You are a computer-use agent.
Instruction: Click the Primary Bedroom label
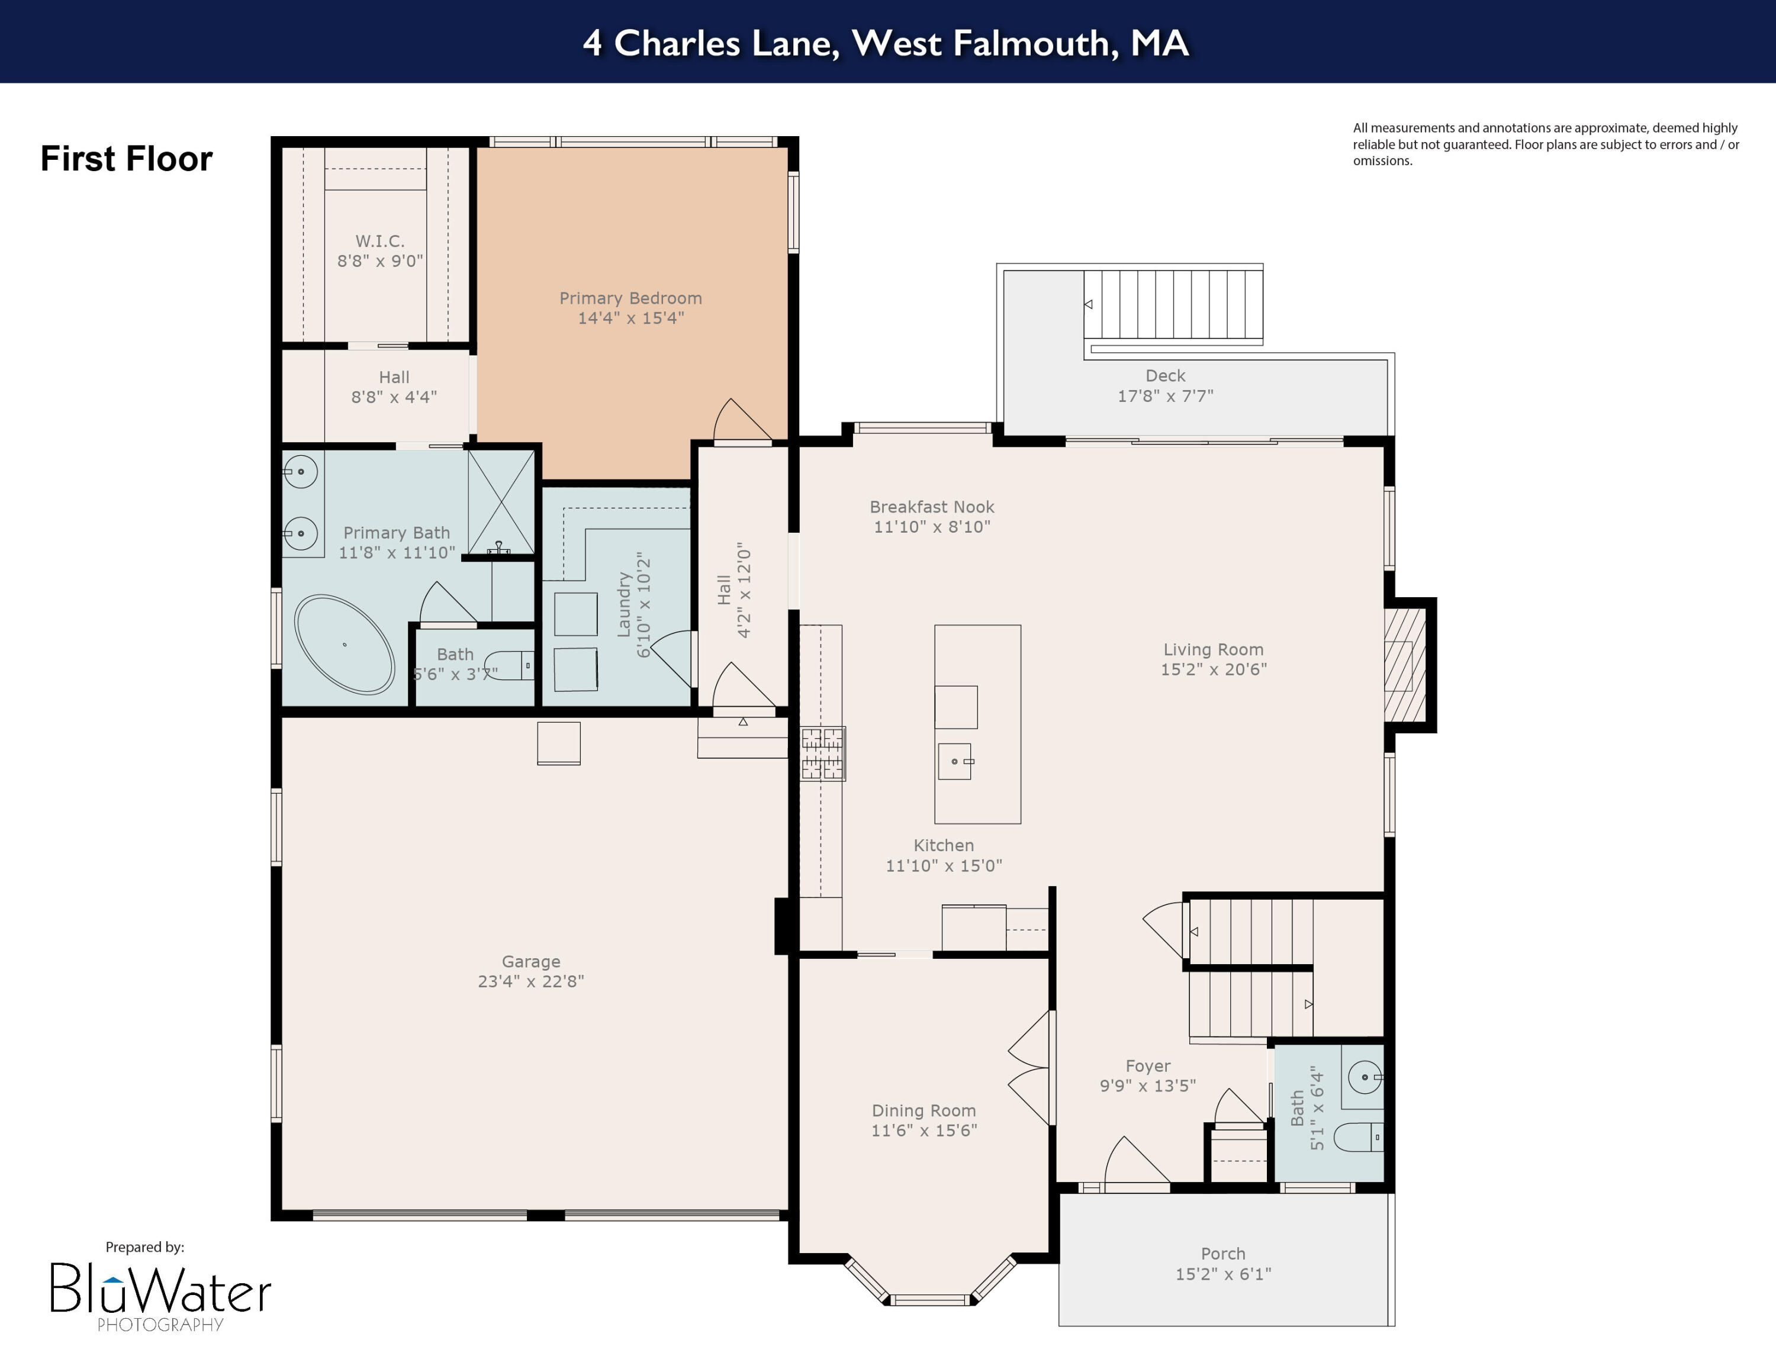click(x=630, y=298)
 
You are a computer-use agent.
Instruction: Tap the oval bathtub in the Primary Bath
click(x=344, y=645)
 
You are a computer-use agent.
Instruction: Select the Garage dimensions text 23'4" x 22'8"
click(x=530, y=981)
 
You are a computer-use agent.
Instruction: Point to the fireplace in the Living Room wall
click(x=1405, y=665)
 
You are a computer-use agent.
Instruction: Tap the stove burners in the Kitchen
click(x=822, y=753)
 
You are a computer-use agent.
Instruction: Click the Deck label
click(x=1164, y=375)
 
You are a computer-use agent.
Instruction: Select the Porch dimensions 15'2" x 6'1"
click(x=1222, y=1274)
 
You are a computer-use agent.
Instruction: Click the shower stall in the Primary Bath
click(x=501, y=501)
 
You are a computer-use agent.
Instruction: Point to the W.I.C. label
click(x=379, y=240)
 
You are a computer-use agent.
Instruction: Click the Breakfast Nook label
click(x=931, y=507)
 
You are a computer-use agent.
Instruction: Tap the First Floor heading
click(x=126, y=159)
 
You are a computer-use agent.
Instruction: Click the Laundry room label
click(x=625, y=603)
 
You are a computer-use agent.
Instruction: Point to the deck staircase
click(x=1173, y=305)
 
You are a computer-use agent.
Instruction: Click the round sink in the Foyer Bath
click(x=1365, y=1077)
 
